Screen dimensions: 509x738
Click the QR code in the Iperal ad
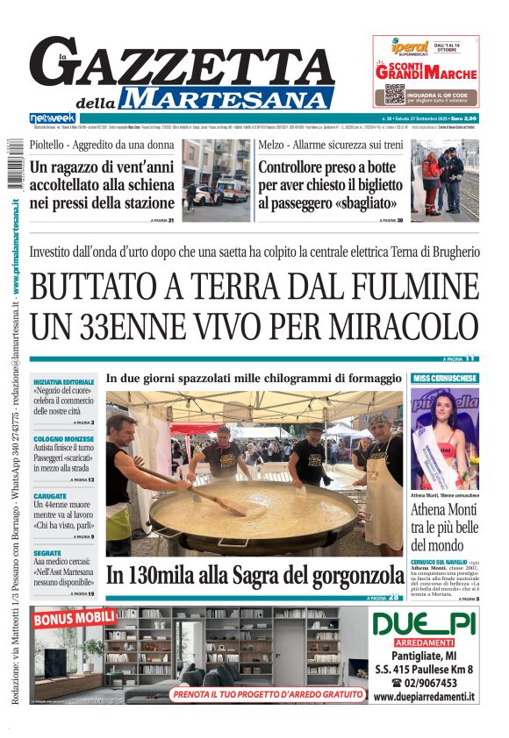(x=394, y=93)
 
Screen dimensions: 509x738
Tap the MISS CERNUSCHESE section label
(x=445, y=379)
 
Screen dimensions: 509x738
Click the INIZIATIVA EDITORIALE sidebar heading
(x=63, y=383)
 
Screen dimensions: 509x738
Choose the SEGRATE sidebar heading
(x=47, y=554)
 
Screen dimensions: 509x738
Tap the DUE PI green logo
(x=424, y=624)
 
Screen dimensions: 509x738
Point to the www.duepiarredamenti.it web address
(x=424, y=697)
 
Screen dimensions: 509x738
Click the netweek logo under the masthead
(x=53, y=117)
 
